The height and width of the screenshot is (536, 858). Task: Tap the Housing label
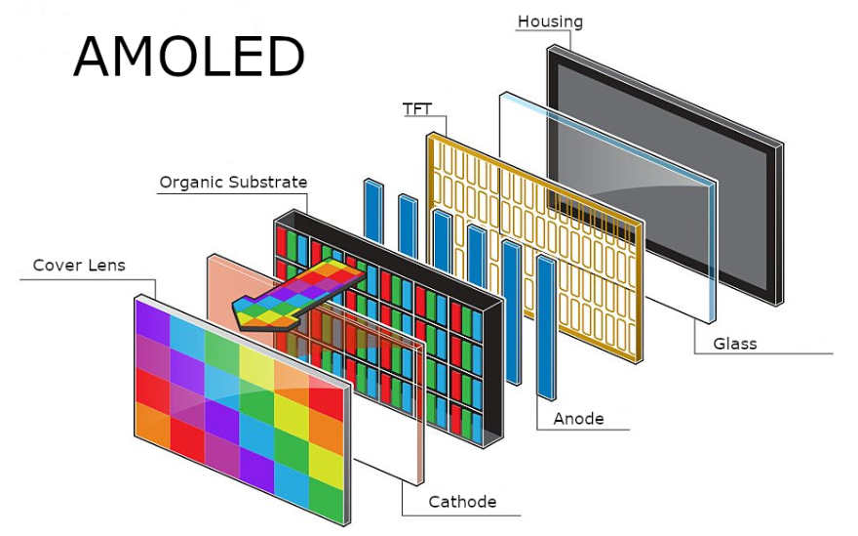pos(550,21)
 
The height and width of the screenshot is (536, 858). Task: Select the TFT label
pos(416,108)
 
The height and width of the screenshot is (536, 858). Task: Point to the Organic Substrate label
pos(233,182)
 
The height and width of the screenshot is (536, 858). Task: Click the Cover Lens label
pos(79,265)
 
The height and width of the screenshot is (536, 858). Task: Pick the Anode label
pos(578,419)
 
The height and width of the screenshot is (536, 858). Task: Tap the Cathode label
pos(462,502)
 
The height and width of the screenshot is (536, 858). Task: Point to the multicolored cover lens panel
pos(239,400)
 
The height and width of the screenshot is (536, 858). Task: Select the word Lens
pos(104,265)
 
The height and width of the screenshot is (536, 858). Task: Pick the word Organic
pos(191,182)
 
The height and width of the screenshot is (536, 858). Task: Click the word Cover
pos(55,265)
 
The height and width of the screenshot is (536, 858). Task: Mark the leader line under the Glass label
pos(770,352)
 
